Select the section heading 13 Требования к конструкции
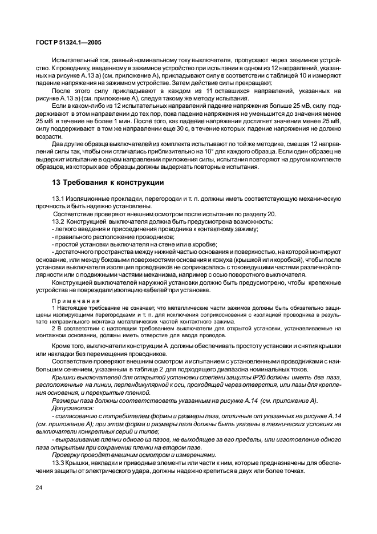[108, 183]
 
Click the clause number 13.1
[58, 198]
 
